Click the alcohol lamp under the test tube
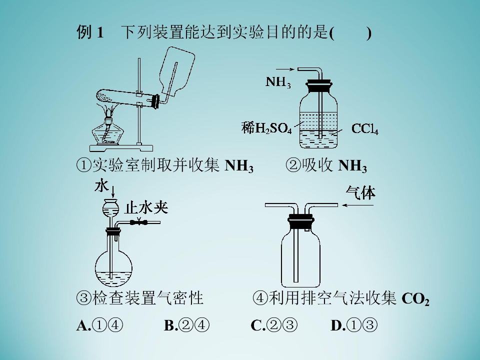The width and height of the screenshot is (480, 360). [107, 131]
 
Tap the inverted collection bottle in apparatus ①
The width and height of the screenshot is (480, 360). [177, 70]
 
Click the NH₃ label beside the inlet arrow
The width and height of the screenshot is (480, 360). [278, 82]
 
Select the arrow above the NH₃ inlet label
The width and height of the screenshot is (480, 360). [285, 69]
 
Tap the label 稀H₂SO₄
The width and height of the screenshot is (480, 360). [266, 128]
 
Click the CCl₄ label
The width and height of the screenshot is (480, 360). [365, 129]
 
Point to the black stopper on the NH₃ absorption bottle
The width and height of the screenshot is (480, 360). [318, 85]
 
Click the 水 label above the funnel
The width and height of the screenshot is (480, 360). [101, 186]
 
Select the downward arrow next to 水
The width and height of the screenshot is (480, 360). [113, 191]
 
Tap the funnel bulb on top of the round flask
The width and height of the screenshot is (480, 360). [110, 208]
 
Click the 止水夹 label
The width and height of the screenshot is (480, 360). [146, 208]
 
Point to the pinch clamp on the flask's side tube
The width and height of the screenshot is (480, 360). [138, 221]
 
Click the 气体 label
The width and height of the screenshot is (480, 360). [360, 193]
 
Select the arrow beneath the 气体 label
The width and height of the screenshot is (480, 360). [357, 205]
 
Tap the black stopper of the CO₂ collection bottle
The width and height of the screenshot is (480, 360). [300, 221]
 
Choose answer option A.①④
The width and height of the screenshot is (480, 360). [99, 325]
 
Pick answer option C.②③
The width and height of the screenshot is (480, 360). [273, 325]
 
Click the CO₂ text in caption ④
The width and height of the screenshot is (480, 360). [415, 299]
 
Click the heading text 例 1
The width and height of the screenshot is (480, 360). [90, 32]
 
